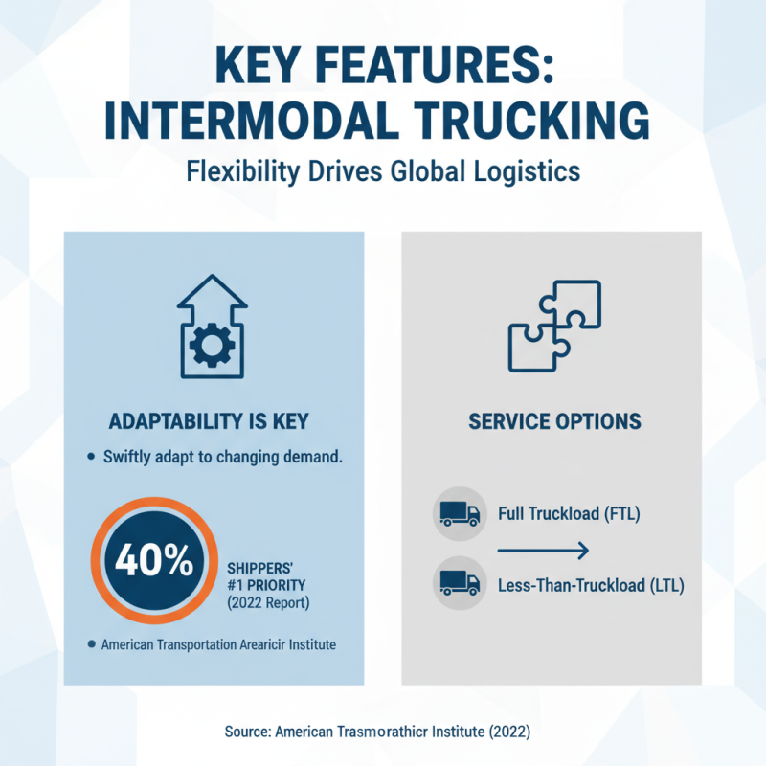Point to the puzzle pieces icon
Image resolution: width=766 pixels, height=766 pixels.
pyautogui.click(x=554, y=326)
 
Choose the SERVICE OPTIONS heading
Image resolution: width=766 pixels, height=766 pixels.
pyautogui.click(x=554, y=421)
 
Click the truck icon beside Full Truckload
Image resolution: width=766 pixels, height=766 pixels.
pyautogui.click(x=460, y=514)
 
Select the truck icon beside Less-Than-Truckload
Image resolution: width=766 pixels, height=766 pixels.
pyautogui.click(x=460, y=582)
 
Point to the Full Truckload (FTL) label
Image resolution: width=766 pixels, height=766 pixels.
pyautogui.click(x=569, y=514)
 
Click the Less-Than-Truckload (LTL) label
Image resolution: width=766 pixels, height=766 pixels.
pyautogui.click(x=592, y=583)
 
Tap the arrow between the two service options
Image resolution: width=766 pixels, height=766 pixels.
pyautogui.click(x=542, y=550)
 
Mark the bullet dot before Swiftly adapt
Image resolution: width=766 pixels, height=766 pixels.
pyautogui.click(x=90, y=458)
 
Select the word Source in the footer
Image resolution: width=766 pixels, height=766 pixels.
pyautogui.click(x=247, y=732)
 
